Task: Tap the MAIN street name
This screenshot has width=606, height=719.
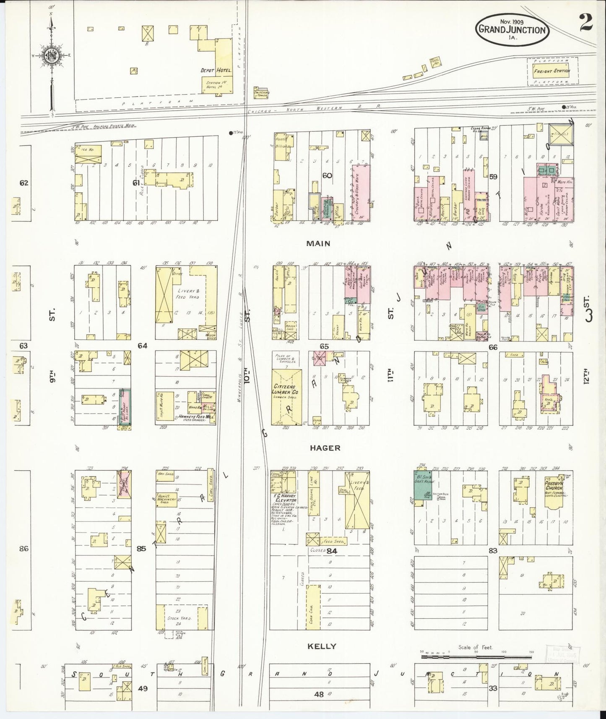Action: (x=318, y=243)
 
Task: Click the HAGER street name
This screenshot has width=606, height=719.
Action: (x=325, y=448)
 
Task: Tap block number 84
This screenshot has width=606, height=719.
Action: (x=332, y=550)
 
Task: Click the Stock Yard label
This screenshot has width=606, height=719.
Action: (x=179, y=618)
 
